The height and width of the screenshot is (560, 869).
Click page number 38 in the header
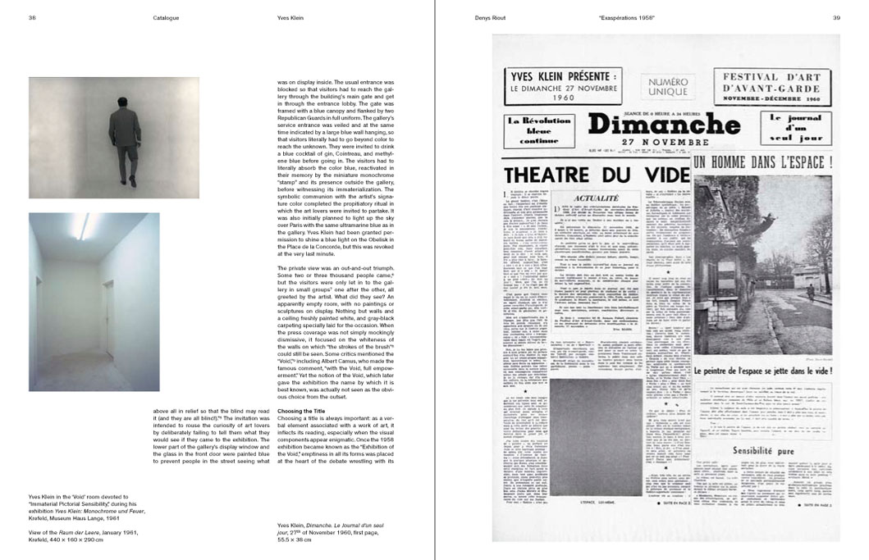click(x=32, y=17)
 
